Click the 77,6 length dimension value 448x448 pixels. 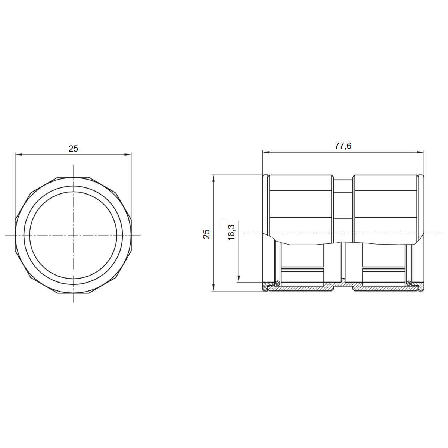(x=343, y=146)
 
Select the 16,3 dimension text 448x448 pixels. (x=231, y=233)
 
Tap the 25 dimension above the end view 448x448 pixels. (x=73, y=149)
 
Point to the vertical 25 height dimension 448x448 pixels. (x=206, y=234)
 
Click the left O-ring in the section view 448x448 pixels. (x=277, y=283)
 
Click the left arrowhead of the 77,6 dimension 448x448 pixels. (x=266, y=152)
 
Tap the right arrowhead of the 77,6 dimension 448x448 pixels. (x=420, y=152)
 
